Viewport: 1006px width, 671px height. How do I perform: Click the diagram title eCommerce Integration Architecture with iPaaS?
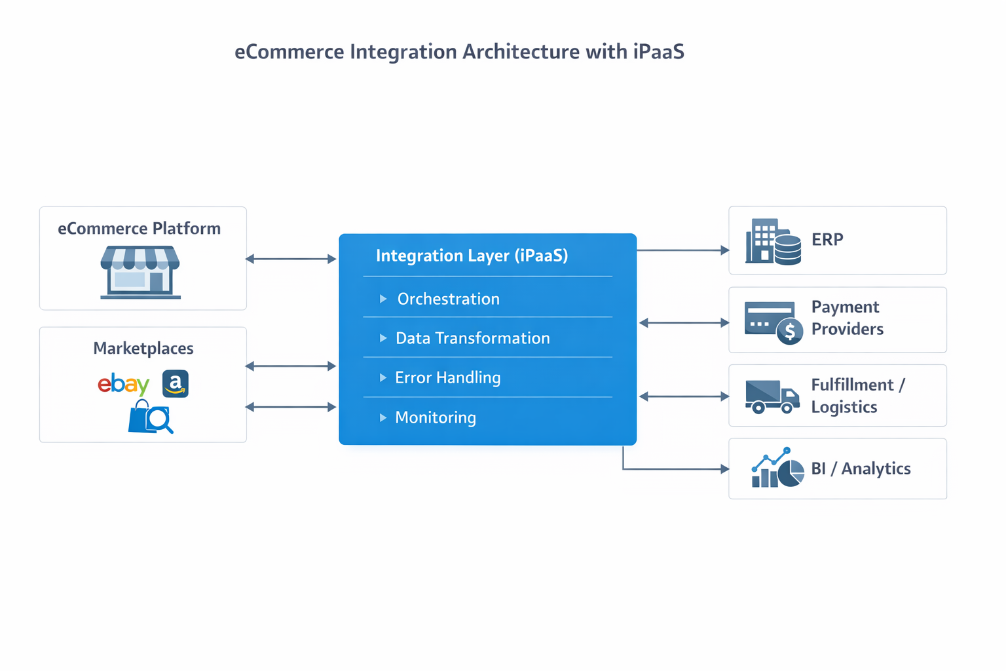coord(459,52)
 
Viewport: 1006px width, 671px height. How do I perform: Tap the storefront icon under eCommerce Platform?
coord(140,272)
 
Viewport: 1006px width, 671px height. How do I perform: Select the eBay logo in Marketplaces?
coord(124,384)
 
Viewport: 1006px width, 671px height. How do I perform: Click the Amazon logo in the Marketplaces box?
coord(175,384)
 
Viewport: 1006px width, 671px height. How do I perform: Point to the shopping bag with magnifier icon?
coord(151,417)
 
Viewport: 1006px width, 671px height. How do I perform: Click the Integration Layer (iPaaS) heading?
coord(472,256)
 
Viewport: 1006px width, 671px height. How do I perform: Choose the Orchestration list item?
coord(448,299)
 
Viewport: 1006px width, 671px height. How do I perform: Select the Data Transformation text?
coord(472,338)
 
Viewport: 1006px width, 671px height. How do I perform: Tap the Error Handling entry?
coord(447,377)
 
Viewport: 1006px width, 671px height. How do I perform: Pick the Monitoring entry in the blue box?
coord(436,417)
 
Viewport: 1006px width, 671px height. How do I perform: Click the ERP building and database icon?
coord(773,242)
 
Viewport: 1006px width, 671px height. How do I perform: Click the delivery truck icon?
coord(772,396)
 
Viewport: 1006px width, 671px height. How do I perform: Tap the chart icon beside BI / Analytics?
coord(777,469)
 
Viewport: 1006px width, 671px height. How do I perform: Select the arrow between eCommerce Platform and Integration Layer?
coord(291,259)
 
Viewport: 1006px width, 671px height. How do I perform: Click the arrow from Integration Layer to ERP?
coord(682,250)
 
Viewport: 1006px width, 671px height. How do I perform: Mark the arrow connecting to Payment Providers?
coord(684,322)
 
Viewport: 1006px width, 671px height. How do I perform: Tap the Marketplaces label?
coord(143,348)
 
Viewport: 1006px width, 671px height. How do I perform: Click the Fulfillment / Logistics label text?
coord(857,396)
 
